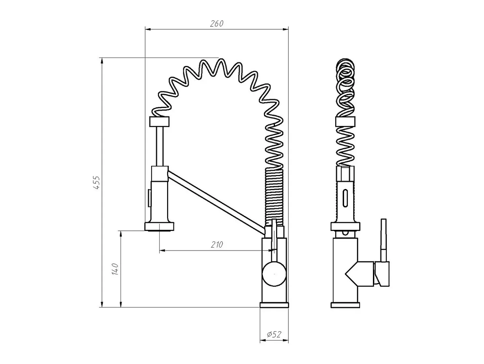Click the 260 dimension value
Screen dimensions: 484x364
pyautogui.click(x=216, y=24)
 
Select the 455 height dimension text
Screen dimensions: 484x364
pyautogui.click(x=96, y=182)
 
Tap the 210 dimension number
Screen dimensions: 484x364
pyautogui.click(x=217, y=245)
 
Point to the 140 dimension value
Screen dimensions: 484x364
pyautogui.click(x=115, y=269)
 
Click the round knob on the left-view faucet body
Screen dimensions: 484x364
pyautogui.click(x=274, y=274)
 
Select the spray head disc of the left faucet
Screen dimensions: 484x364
pyautogui.click(x=159, y=227)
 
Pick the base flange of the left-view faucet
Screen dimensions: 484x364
pyautogui.click(x=274, y=305)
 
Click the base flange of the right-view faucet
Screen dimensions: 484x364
pyautogui.click(x=345, y=305)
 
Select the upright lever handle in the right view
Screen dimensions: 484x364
pyautogui.click(x=384, y=240)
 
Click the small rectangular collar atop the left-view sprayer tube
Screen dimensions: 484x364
pyautogui.click(x=159, y=122)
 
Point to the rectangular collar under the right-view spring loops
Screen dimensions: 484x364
pyautogui.click(x=345, y=122)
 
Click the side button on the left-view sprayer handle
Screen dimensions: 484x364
pyautogui.click(x=150, y=198)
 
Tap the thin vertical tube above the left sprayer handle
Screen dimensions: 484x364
pyautogui.click(x=160, y=146)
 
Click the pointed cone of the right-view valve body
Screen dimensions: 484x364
pyautogui.click(x=351, y=274)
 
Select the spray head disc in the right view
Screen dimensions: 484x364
pyautogui.click(x=345, y=227)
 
